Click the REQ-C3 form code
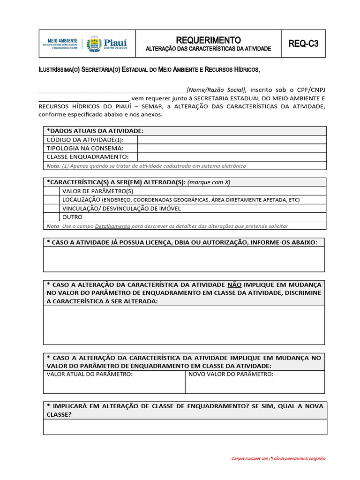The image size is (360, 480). (x=303, y=44)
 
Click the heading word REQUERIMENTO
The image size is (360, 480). (x=208, y=40)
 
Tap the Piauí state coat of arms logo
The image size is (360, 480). (x=95, y=44)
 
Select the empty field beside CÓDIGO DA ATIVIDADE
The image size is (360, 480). (x=232, y=140)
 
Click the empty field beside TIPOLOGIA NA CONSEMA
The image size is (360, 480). (x=232, y=148)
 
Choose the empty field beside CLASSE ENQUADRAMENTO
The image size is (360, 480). (x=232, y=157)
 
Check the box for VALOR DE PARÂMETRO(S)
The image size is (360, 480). (x=52, y=191)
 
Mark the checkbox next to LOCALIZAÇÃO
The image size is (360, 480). (x=52, y=200)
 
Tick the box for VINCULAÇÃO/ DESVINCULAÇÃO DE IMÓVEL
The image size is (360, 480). (x=52, y=208)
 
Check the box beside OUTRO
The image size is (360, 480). (x=52, y=217)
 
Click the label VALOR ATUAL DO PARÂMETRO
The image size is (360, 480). (x=90, y=374)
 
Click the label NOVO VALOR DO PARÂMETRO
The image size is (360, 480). (x=231, y=374)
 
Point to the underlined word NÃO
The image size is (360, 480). (x=234, y=285)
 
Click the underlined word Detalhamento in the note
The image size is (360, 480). (x=112, y=226)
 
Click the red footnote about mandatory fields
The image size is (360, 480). (x=278, y=458)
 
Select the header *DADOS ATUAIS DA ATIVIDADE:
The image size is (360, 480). (x=95, y=131)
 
